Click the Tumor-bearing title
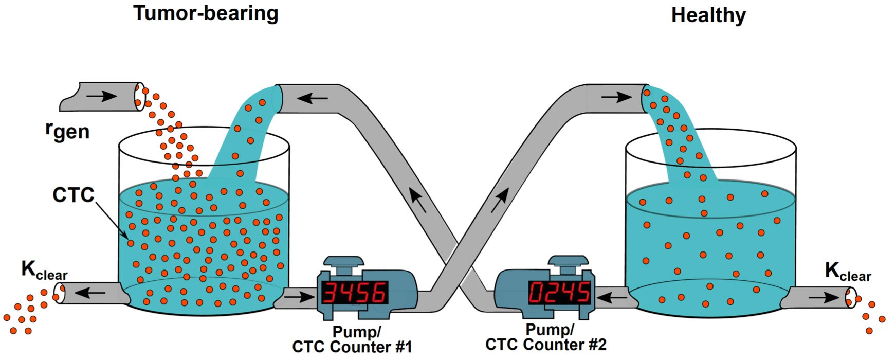(206, 13)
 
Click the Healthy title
(708, 15)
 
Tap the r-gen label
(67, 131)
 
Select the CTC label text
(74, 195)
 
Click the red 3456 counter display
(355, 293)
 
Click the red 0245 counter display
(560, 293)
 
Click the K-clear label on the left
(44, 271)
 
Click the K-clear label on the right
(848, 272)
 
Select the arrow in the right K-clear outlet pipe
(823, 297)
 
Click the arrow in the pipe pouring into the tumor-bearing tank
(313, 98)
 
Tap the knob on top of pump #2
(568, 260)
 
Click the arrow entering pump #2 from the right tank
(612, 297)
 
